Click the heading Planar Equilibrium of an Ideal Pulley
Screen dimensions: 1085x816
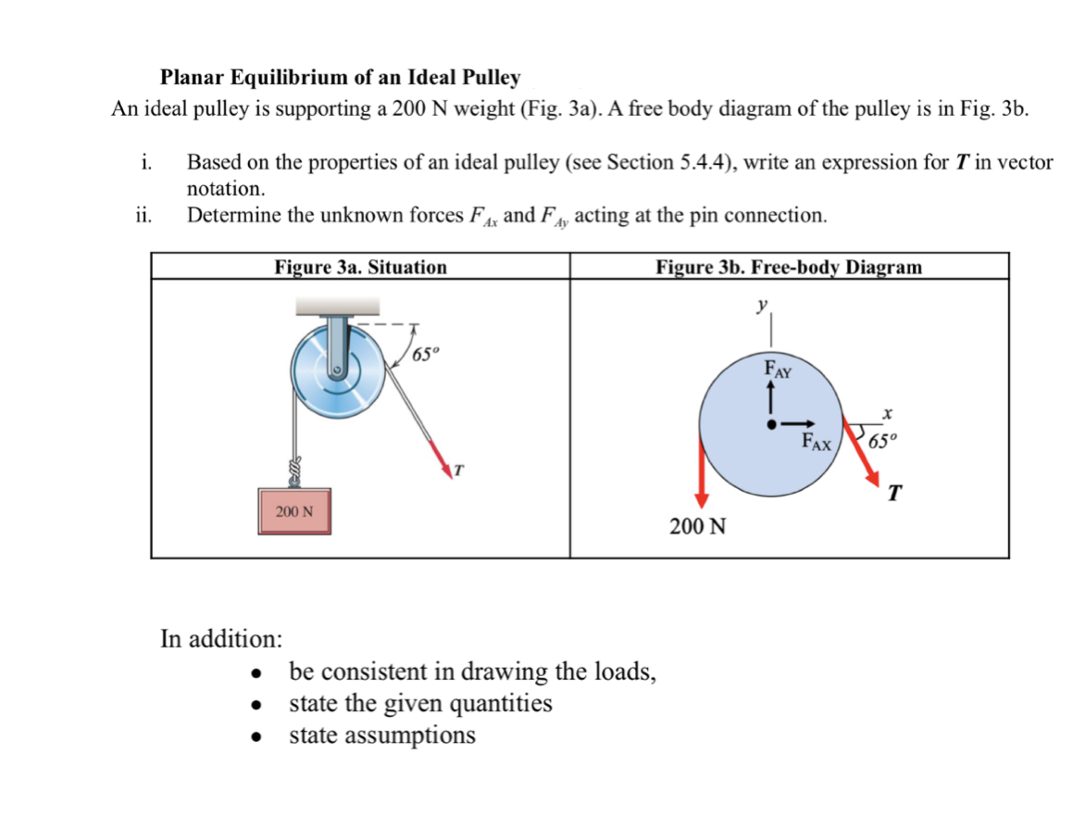pyautogui.click(x=340, y=78)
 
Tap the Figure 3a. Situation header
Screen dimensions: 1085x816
pyautogui.click(x=360, y=268)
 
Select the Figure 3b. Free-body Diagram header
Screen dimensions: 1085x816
pyautogui.click(x=789, y=268)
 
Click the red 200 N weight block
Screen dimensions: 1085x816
pyautogui.click(x=293, y=510)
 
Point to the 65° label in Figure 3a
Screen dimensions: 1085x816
pyautogui.click(x=427, y=354)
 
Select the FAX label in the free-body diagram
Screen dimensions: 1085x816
pyautogui.click(x=820, y=442)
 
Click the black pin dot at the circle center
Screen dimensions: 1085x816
pyautogui.click(x=770, y=424)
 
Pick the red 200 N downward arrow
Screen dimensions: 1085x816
pyautogui.click(x=702, y=472)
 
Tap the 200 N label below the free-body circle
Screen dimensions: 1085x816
pyautogui.click(x=698, y=527)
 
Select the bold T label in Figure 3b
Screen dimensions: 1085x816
pyautogui.click(x=894, y=491)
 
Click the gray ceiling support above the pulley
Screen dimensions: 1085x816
pyautogui.click(x=337, y=306)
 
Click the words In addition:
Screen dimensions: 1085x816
pyautogui.click(x=221, y=639)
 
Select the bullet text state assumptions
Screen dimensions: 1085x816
pyautogui.click(x=382, y=735)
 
